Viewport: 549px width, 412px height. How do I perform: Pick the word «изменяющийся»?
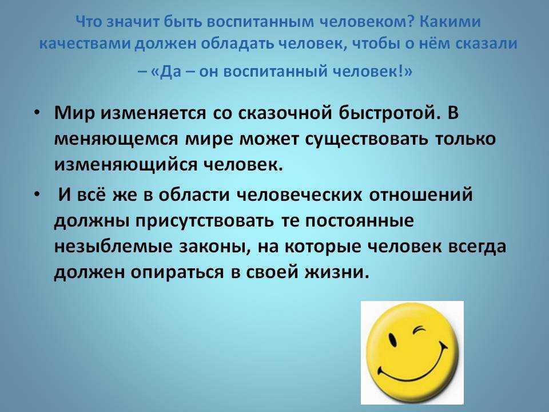coord(125,165)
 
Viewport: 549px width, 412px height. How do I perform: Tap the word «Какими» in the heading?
coord(450,22)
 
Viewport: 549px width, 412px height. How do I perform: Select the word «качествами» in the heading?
coord(85,44)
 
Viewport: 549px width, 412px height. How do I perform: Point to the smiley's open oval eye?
coord(393,338)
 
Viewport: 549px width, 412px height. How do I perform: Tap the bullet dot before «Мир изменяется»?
coord(37,112)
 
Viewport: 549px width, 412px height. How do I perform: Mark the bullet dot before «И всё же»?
coord(37,194)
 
